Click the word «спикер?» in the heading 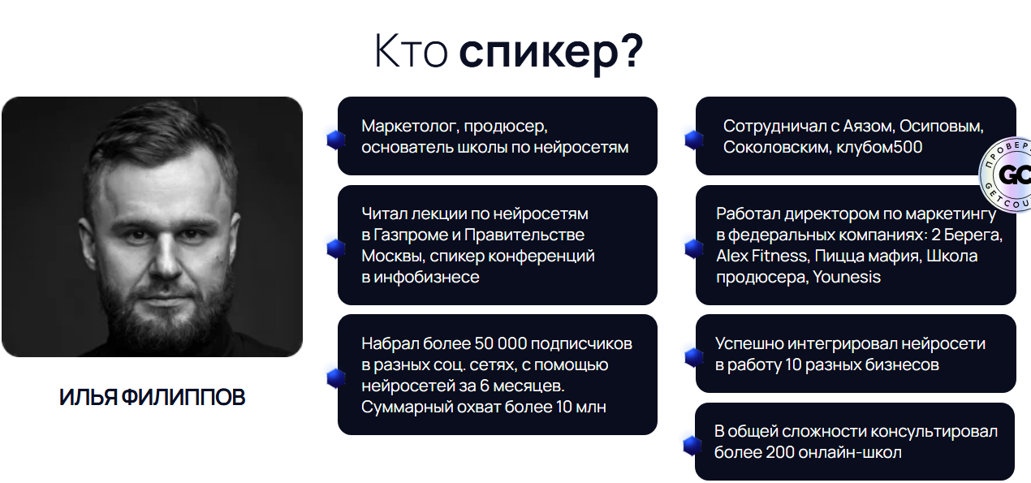point(551,51)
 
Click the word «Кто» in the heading point(411,51)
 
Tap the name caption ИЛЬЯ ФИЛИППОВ point(152,398)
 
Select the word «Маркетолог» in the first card point(408,127)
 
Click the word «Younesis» point(846,277)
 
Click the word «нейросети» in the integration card point(947,343)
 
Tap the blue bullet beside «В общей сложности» point(691,445)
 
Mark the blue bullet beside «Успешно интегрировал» point(692,356)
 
